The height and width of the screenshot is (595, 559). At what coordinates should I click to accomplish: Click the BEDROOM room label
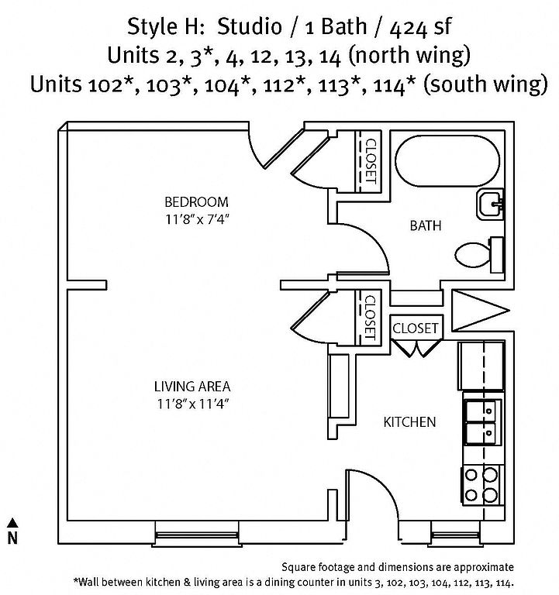pyautogui.click(x=196, y=202)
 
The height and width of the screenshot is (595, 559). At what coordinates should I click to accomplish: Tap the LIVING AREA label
pyautogui.click(x=192, y=387)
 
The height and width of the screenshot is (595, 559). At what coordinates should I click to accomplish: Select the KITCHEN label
pyautogui.click(x=409, y=422)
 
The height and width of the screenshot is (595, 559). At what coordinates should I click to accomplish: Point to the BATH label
pyautogui.click(x=426, y=225)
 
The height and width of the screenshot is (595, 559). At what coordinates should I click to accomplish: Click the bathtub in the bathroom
pyautogui.click(x=447, y=161)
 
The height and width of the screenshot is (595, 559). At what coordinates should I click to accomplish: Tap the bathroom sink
pyautogui.click(x=490, y=204)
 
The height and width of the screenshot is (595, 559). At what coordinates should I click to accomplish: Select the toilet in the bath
pyautogui.click(x=479, y=254)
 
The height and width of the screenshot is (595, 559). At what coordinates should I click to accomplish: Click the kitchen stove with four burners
pyautogui.click(x=482, y=486)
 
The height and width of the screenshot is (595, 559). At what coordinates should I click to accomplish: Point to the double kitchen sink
pyautogui.click(x=482, y=422)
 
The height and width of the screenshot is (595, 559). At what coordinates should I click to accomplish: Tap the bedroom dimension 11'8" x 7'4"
pyautogui.click(x=198, y=219)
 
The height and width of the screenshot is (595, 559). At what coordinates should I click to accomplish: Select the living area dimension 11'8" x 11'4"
pyautogui.click(x=193, y=404)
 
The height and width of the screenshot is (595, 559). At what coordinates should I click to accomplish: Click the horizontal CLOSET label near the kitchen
pyautogui.click(x=415, y=328)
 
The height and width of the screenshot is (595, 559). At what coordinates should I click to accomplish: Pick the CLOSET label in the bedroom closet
pyautogui.click(x=371, y=161)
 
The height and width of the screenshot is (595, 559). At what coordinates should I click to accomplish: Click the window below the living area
pyautogui.click(x=196, y=535)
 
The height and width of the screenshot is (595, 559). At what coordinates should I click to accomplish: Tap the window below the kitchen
pyautogui.click(x=456, y=535)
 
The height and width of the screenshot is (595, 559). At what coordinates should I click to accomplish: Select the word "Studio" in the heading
pyautogui.click(x=250, y=26)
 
